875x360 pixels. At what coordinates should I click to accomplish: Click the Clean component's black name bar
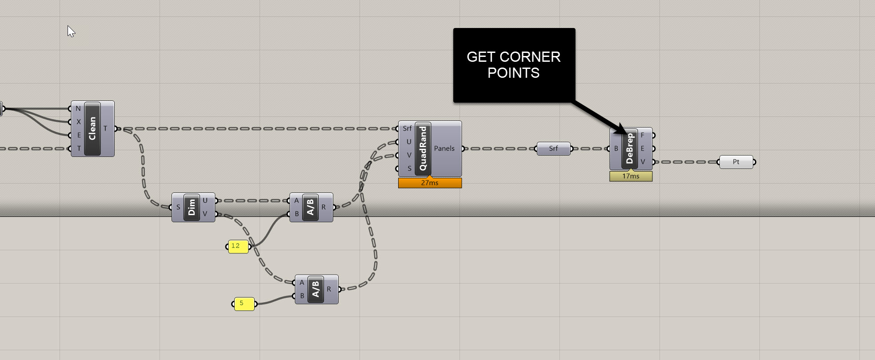(x=92, y=129)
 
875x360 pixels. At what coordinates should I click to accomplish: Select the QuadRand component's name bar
(x=423, y=148)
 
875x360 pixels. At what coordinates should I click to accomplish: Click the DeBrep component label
(x=630, y=148)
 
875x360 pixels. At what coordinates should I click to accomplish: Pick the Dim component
(x=192, y=207)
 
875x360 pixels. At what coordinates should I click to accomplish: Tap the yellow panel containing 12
(x=238, y=246)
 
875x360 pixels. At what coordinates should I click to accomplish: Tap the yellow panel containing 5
(x=244, y=304)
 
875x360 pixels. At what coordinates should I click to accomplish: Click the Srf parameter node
(x=553, y=148)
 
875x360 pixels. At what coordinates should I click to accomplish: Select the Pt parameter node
(x=736, y=162)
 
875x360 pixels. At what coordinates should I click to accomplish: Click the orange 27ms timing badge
(x=430, y=183)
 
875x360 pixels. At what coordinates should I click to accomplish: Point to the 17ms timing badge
(x=631, y=176)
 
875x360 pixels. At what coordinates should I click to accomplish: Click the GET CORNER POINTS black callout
(x=514, y=65)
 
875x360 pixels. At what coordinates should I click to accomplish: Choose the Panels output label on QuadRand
(x=444, y=148)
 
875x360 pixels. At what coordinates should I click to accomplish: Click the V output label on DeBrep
(x=643, y=162)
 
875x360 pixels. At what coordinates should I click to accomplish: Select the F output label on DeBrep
(x=643, y=135)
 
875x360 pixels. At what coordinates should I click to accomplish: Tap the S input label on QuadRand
(x=409, y=168)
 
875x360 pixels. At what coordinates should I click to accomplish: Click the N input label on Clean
(x=78, y=108)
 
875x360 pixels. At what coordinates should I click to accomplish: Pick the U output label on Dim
(x=205, y=200)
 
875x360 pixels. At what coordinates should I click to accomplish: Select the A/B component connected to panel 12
(x=311, y=207)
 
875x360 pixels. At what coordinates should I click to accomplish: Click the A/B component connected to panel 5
(x=316, y=289)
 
